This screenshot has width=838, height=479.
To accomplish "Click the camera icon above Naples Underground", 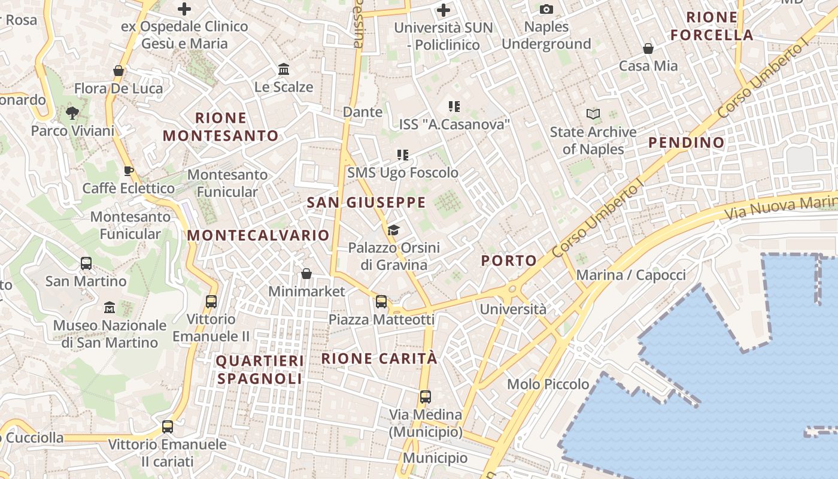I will [x=546, y=9].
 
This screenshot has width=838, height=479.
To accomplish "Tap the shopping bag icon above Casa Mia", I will [x=648, y=48].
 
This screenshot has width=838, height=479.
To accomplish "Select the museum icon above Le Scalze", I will [x=284, y=69].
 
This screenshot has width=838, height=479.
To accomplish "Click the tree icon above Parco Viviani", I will [x=72, y=113].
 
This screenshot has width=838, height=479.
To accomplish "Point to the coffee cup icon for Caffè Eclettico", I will [x=128, y=171].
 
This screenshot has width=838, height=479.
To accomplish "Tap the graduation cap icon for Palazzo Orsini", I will [x=393, y=230].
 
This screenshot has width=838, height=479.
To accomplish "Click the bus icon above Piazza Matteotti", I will [x=381, y=302].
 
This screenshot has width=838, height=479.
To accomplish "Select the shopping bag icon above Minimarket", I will [x=306, y=274].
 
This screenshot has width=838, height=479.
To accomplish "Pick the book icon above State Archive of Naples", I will [x=593, y=114].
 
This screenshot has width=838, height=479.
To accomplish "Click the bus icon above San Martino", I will [x=86, y=263].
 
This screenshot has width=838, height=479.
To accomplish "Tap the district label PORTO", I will [x=509, y=260].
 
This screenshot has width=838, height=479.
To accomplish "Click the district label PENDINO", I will [x=687, y=143].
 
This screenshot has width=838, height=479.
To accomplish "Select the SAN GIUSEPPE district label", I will [x=366, y=202].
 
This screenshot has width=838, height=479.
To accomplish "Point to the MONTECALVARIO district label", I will [x=259, y=235].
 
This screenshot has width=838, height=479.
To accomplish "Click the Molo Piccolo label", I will [x=548, y=384].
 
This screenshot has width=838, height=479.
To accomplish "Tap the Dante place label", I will [x=362, y=112].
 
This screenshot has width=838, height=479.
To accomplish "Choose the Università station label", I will [x=513, y=309].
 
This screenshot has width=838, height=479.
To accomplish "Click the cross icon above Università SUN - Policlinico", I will [x=444, y=10].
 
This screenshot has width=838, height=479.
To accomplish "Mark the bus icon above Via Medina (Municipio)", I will [x=426, y=396].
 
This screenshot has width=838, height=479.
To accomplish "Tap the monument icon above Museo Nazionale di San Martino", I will [x=109, y=308].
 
